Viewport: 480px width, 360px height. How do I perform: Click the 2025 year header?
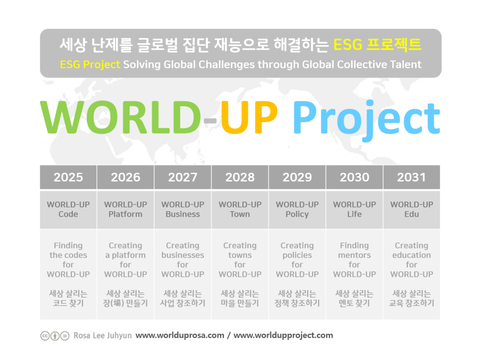pos(68,177)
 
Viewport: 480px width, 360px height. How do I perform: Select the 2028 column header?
pos(240,177)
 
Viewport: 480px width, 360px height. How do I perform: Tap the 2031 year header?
pos(412,177)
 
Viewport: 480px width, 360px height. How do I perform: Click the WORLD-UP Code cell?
pos(68,210)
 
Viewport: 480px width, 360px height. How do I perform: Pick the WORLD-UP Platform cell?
pos(126,210)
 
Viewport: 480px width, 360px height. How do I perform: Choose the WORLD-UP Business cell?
pos(183,210)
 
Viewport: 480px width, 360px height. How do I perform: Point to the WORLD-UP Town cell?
pos(240,210)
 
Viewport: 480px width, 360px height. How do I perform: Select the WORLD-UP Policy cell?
pos(297,210)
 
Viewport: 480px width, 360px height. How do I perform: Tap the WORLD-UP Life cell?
pos(354,210)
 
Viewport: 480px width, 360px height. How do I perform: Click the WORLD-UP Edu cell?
pos(412,210)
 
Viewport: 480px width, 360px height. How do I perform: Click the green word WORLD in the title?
pos(120,117)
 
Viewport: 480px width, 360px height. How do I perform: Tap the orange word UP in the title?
pos(249,117)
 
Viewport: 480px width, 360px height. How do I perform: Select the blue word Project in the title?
pos(367,120)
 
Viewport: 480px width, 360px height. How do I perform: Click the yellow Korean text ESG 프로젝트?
pos(377,45)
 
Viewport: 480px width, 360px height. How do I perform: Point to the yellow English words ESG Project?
pos(90,65)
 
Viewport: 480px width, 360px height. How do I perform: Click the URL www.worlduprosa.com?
pos(180,336)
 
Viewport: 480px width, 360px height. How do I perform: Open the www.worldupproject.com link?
pos(283,336)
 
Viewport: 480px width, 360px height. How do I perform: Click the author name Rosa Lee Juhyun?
pos(103,336)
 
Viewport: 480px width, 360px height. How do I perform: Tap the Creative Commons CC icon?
pos(45,336)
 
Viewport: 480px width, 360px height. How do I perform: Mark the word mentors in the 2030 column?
pos(354,255)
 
